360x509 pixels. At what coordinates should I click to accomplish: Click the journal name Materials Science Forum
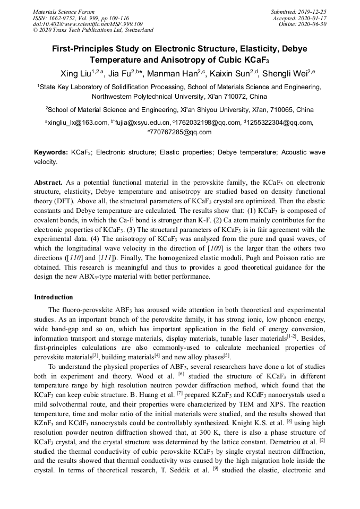pos(64,12)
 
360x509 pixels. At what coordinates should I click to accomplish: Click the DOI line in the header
pos(88,24)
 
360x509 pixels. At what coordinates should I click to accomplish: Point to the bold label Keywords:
pos(50,152)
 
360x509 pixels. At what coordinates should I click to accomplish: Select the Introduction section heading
pos(54,297)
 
